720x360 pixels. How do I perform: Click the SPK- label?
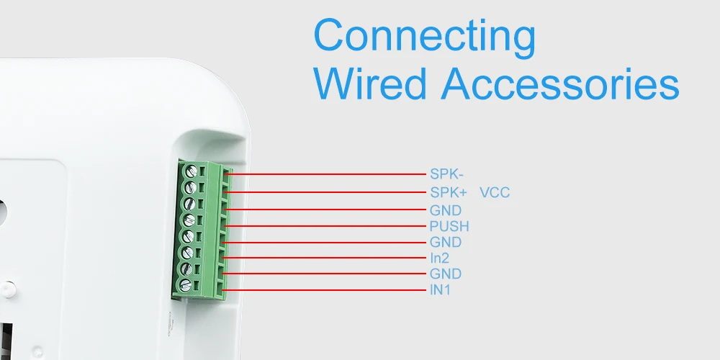click(x=446, y=174)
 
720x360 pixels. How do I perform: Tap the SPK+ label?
click(x=449, y=193)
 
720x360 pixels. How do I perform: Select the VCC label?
click(x=495, y=193)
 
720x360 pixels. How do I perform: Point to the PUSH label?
click(x=449, y=227)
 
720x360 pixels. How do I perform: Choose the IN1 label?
click(x=441, y=290)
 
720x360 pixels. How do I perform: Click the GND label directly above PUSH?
click(x=446, y=210)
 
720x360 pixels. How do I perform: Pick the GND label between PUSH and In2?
click(x=446, y=243)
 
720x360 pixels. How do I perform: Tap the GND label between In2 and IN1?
click(x=446, y=274)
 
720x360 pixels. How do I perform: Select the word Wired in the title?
click(x=370, y=84)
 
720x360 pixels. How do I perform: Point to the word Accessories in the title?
click(x=560, y=84)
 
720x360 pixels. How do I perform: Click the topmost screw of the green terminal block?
click(x=191, y=172)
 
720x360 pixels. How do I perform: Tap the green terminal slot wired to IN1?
click(x=221, y=291)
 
